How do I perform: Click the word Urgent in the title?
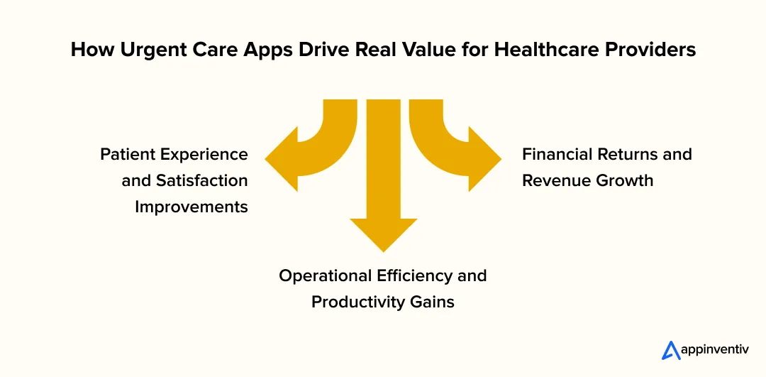[152, 50]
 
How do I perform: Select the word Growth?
[624, 180]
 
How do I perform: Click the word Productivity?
[358, 302]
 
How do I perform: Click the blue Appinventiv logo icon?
[671, 350]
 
